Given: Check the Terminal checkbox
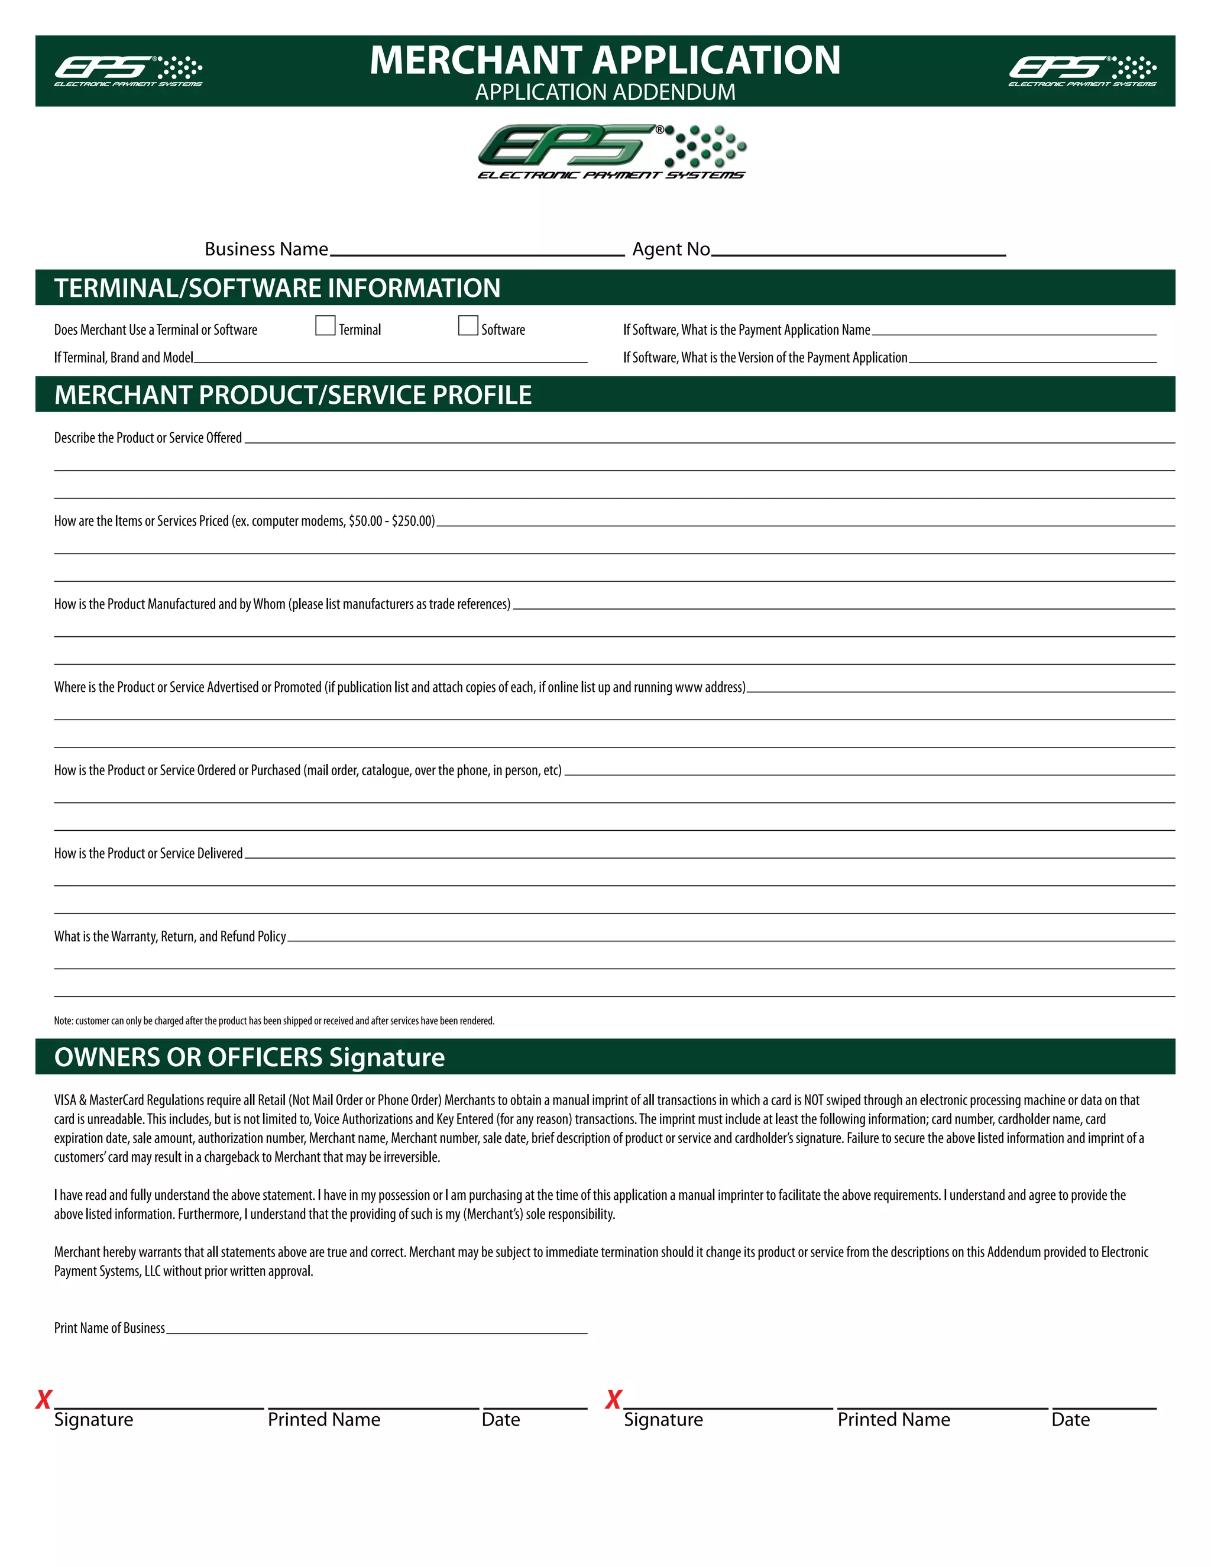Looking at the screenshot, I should [325, 326].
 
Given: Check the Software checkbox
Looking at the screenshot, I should [468, 326].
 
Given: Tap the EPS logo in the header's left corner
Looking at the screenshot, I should [128, 70].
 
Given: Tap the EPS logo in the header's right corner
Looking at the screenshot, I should [1082, 70].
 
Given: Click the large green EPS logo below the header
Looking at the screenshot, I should [611, 151].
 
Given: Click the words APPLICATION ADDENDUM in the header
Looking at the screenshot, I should [605, 93].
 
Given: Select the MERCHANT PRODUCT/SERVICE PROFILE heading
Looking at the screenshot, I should [293, 394].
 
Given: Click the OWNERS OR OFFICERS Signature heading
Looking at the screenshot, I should [249, 1057].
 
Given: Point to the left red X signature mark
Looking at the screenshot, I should [44, 1399].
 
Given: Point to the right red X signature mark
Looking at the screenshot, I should [613, 1399].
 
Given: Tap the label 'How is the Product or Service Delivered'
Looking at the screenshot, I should [148, 853].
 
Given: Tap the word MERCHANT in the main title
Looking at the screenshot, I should [475, 60].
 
